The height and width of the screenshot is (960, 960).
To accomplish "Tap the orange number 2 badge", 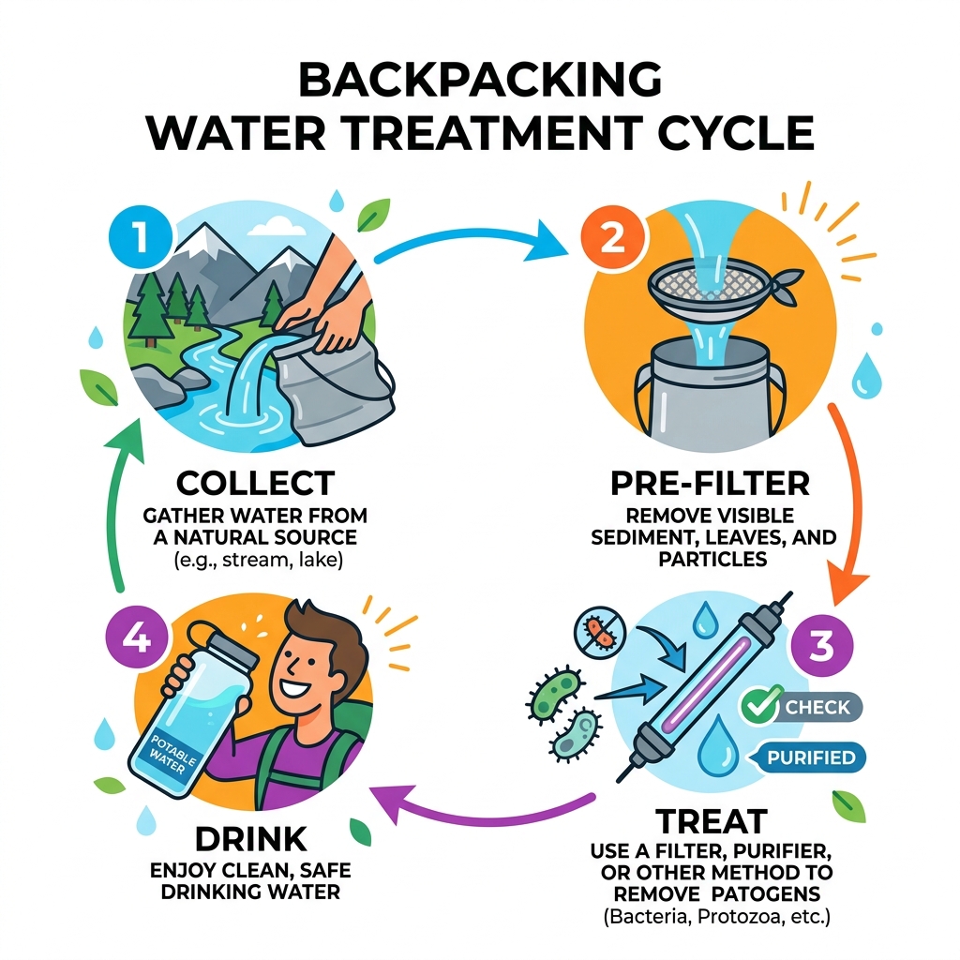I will [x=611, y=236].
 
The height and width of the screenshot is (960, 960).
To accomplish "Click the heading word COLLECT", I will [x=256, y=484].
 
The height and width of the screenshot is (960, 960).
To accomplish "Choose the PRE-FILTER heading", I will [x=709, y=485].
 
